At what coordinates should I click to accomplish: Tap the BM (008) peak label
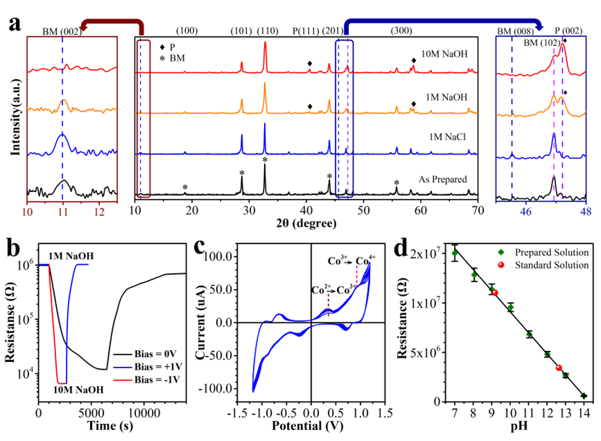click(x=513, y=30)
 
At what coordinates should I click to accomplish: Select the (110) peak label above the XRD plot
click(x=265, y=31)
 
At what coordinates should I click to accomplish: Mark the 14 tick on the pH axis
click(x=583, y=413)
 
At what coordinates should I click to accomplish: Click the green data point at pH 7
click(x=455, y=253)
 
